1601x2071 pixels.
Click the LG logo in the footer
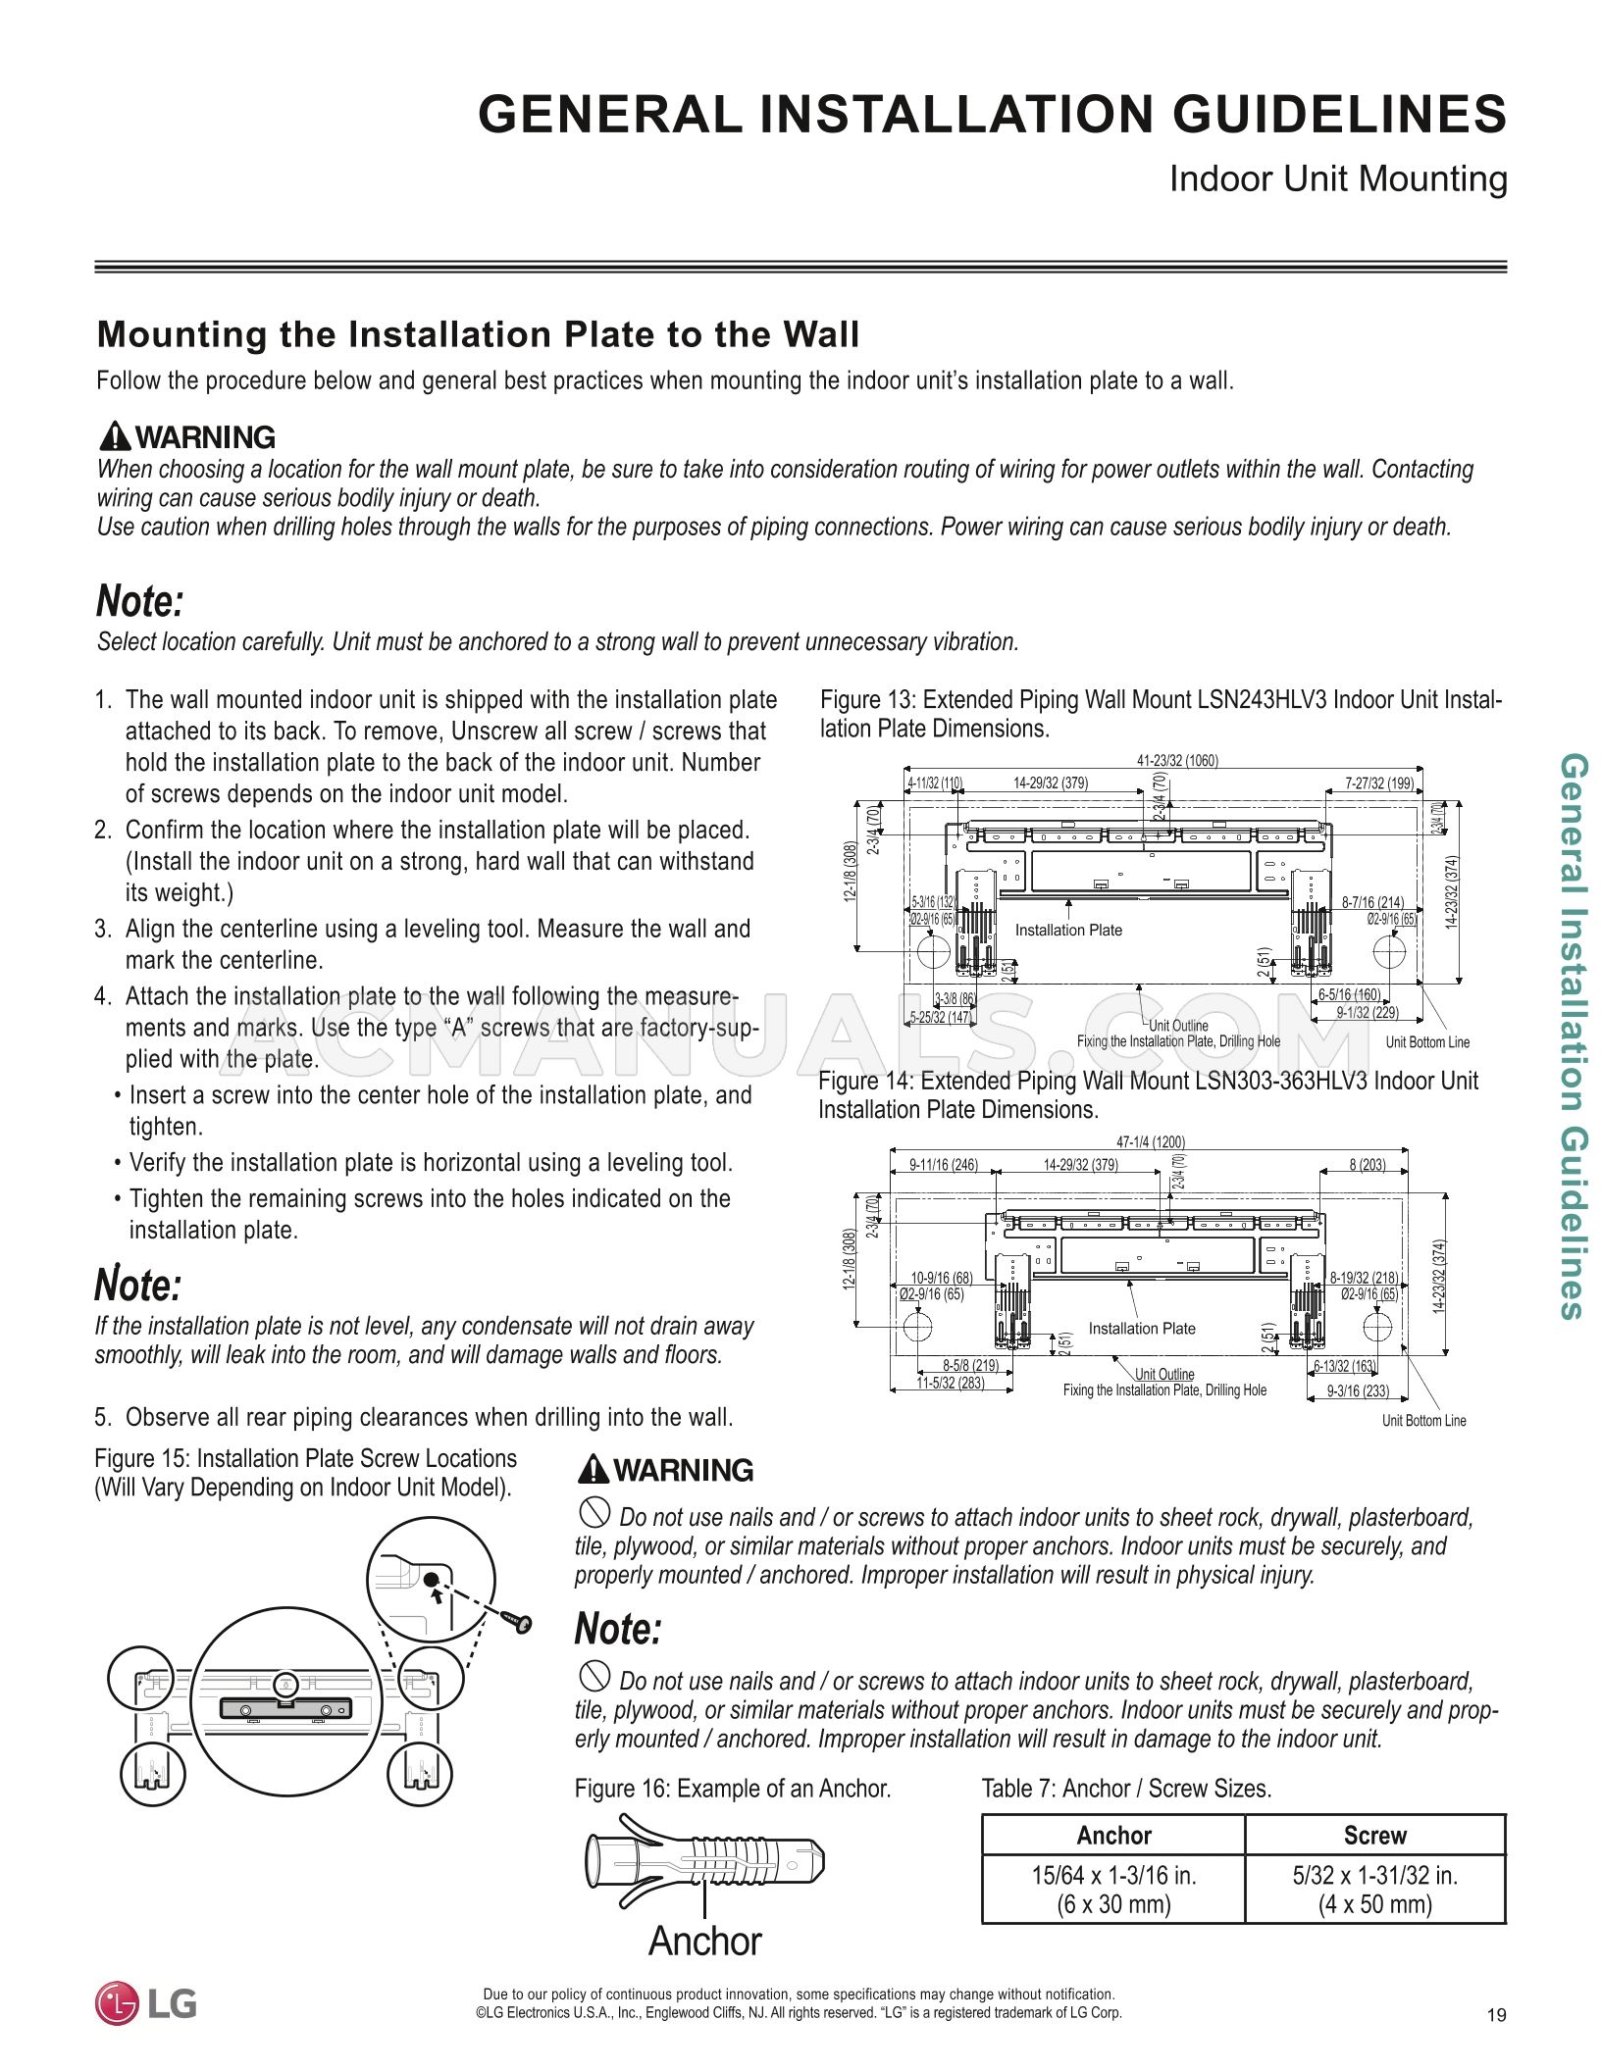click(x=145, y=2003)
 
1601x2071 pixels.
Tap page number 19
click(x=1496, y=2015)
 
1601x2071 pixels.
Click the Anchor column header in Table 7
click(x=1112, y=1836)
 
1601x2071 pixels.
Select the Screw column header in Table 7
click(x=1374, y=1836)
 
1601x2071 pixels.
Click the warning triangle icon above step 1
click(x=115, y=435)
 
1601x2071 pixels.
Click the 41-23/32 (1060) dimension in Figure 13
click(x=1177, y=760)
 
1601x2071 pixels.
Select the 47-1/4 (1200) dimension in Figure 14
click(x=1150, y=1141)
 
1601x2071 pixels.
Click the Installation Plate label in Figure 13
click(x=1067, y=930)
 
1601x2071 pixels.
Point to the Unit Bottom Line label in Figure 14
click(x=1423, y=1421)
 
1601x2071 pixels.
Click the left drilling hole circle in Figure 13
click(x=933, y=951)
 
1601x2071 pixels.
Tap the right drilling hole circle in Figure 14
click(x=1376, y=1328)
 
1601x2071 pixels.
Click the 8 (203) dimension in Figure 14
click(x=1367, y=1165)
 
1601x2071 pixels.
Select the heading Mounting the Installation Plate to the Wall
click(x=477, y=334)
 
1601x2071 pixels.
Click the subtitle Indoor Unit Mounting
click(x=1337, y=179)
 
